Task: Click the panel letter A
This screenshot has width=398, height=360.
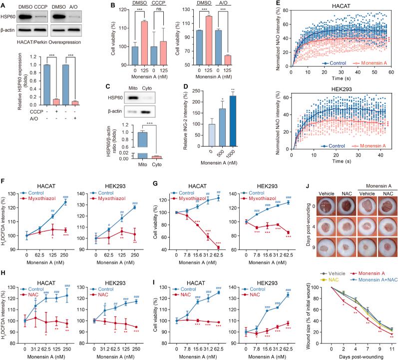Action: pyautogui.click(x=4, y=4)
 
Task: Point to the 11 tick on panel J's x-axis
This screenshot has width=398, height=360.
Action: pyautogui.click(x=391, y=344)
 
